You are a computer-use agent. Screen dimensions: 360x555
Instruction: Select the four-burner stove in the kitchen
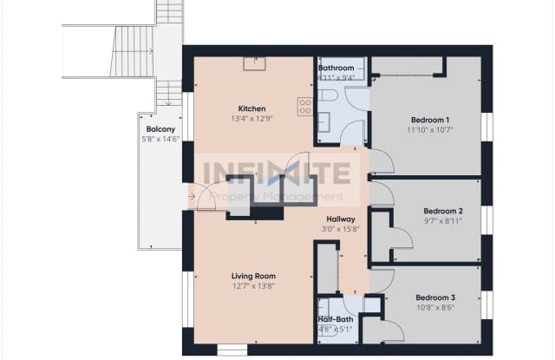coord(305,106)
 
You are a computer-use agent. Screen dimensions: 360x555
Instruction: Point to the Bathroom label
coord(336,68)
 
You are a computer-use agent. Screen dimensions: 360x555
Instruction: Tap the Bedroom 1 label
coord(429,119)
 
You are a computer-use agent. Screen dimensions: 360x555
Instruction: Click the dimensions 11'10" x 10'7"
coord(429,130)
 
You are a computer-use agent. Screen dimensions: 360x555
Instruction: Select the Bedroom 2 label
coord(442,211)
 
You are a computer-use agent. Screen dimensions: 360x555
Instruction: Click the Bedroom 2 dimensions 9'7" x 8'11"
coord(442,221)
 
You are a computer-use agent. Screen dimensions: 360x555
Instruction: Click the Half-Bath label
coord(336,318)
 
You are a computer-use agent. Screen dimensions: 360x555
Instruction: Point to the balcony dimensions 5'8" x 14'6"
coord(157,140)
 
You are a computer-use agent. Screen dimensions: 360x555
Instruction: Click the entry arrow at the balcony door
coord(192,196)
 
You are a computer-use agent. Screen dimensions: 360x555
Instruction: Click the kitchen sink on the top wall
coord(253,62)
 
